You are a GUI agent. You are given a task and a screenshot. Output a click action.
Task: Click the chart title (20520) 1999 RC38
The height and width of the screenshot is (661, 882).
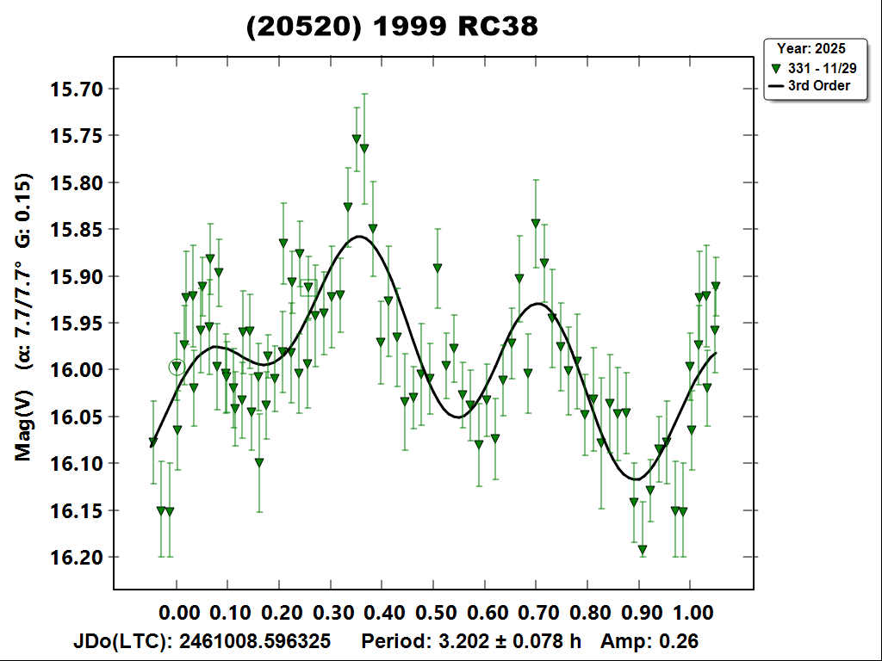pos(392,27)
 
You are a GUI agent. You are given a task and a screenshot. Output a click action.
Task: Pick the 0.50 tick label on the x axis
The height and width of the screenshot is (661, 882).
pos(433,613)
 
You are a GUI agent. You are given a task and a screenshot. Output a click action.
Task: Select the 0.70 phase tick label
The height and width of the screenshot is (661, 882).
pos(536,613)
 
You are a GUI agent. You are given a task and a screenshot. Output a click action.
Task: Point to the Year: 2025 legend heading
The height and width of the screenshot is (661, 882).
pos(811,48)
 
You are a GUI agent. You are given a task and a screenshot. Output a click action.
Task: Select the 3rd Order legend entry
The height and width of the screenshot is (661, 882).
pos(819,86)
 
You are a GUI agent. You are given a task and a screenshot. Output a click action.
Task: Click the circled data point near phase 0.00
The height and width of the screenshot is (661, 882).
pos(177,367)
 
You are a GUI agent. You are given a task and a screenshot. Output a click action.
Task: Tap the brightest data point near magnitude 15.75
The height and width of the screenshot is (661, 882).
pos(357,139)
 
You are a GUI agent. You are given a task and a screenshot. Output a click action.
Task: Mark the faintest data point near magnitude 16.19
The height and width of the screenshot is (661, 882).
pos(643,549)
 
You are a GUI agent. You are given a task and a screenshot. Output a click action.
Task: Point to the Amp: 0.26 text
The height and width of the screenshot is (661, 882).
pos(649,641)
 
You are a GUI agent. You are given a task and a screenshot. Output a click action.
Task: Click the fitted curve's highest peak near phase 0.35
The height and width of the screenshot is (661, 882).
pos(358,236)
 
